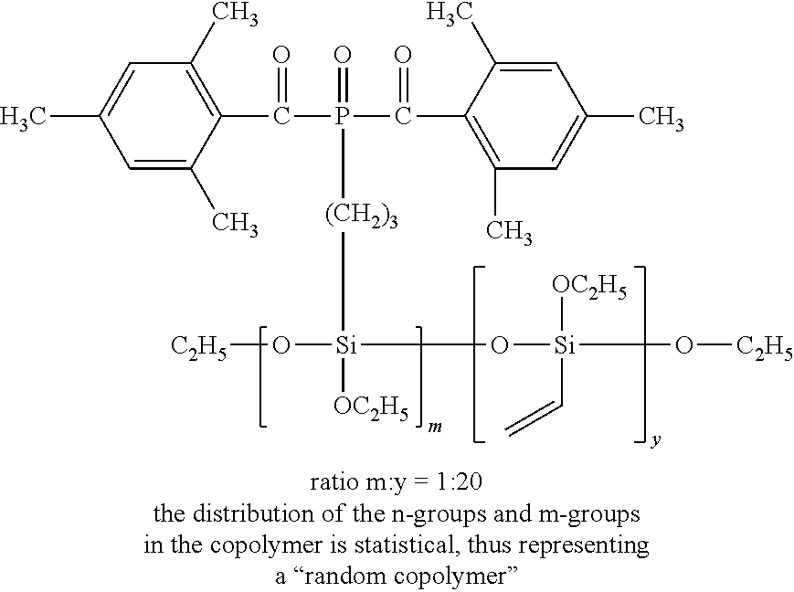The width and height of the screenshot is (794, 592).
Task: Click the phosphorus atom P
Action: (x=342, y=117)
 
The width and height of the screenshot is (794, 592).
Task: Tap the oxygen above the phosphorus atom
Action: (x=342, y=57)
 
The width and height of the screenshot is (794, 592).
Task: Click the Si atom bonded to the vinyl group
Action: (x=565, y=347)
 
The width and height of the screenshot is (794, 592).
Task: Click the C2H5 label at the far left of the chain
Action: (x=198, y=347)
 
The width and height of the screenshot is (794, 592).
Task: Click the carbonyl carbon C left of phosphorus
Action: (x=281, y=117)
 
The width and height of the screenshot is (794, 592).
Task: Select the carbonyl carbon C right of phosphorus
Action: (x=403, y=117)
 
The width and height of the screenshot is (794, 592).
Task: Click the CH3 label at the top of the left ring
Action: (x=232, y=16)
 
